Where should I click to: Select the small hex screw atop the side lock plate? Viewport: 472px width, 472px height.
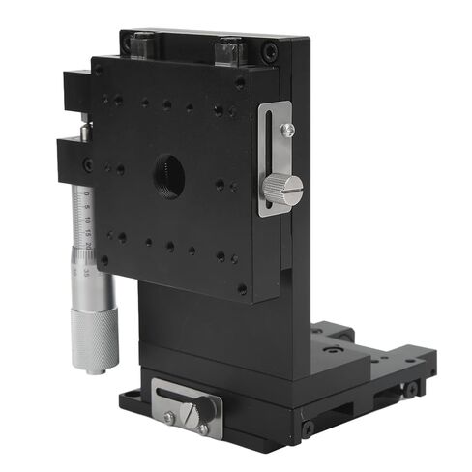287,129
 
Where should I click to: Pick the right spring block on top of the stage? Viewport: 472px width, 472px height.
230,49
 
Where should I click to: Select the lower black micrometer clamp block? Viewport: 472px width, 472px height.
75,159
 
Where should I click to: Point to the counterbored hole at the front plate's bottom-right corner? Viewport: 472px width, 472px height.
241,288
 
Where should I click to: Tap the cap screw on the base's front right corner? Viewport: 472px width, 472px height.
308,427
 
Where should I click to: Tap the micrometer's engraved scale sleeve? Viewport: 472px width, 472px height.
88,232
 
